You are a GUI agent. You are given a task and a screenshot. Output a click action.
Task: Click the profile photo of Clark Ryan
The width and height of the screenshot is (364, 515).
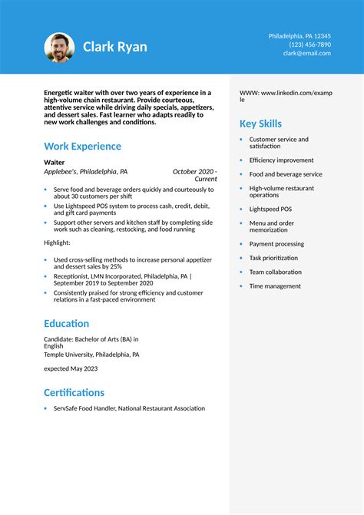tap(59, 48)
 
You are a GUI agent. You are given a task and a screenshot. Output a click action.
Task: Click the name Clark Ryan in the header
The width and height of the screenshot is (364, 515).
tap(115, 48)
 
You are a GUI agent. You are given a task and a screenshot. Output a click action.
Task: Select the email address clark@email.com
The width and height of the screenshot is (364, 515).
tap(307, 53)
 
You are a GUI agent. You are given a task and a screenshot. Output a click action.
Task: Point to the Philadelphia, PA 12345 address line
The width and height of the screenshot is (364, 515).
tap(299, 36)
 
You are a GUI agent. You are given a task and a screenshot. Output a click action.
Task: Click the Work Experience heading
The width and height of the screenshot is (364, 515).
tap(82, 146)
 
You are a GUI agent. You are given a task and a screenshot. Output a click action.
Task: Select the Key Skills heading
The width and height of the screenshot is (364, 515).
tap(260, 124)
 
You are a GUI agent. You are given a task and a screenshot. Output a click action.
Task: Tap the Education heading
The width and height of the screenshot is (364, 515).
tap(66, 324)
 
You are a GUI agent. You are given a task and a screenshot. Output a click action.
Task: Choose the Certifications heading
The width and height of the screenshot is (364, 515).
tap(74, 392)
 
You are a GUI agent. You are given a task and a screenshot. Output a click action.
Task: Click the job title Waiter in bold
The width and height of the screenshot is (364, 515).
tap(55, 163)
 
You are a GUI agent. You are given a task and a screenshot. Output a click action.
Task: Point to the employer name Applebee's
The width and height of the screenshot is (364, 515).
tap(61, 172)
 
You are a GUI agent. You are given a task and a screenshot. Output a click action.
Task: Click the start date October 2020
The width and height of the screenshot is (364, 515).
tap(193, 172)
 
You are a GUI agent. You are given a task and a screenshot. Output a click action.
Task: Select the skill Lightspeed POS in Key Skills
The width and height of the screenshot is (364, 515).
tap(270, 209)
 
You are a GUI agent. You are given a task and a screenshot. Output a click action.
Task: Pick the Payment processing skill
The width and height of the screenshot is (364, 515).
tap(276, 244)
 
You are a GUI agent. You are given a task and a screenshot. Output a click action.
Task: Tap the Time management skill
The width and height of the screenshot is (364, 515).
tap(275, 286)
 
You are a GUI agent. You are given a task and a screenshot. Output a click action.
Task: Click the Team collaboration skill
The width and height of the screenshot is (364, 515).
tap(275, 272)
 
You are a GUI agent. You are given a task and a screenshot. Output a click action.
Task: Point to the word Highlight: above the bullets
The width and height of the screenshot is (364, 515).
tap(58, 242)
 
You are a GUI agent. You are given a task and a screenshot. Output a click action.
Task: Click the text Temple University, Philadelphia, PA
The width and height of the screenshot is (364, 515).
tap(91, 355)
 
